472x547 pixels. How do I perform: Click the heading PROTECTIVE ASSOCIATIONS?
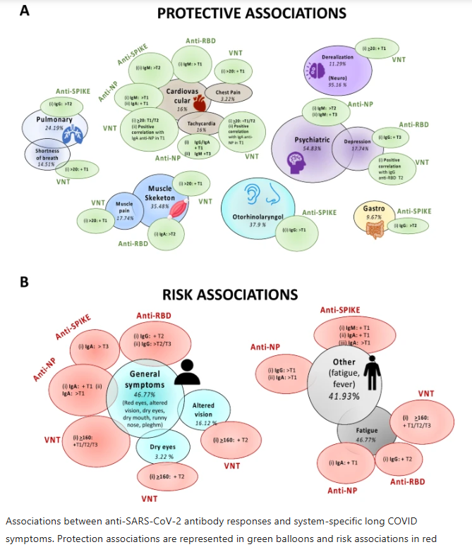(252, 13)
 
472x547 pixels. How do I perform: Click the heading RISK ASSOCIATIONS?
(231, 294)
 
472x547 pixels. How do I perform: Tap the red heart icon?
(200, 104)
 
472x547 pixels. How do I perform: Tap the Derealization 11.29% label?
(337, 59)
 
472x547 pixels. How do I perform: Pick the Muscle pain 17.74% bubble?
(125, 211)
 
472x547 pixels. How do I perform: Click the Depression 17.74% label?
(357, 145)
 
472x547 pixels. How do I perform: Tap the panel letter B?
(23, 281)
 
